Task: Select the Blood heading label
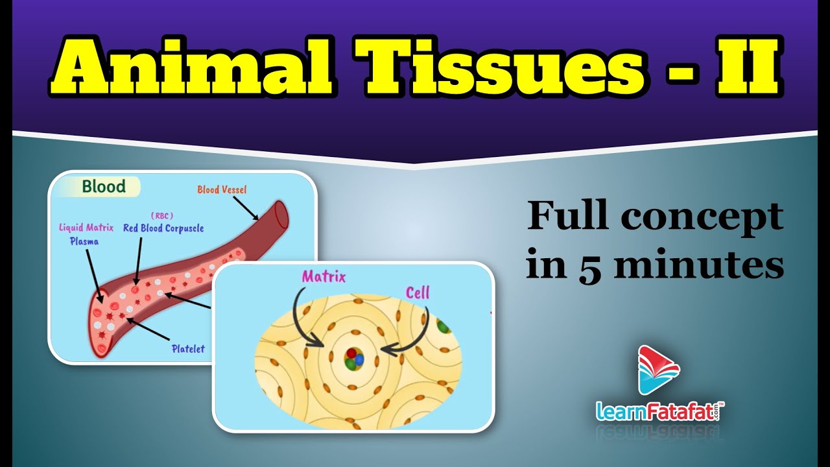(104, 187)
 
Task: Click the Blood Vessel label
(222, 190)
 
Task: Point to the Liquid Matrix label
(86, 228)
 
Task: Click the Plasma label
(85, 241)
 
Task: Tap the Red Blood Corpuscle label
(163, 228)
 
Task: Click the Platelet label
(187, 349)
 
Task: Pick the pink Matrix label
(324, 278)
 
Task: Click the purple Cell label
(418, 293)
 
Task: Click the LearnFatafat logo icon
(658, 370)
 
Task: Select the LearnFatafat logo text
(658, 411)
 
